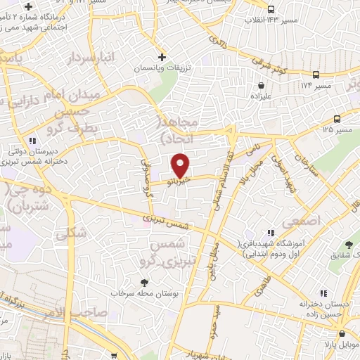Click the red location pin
[x=181, y=165]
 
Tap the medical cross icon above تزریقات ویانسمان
[x=162, y=57]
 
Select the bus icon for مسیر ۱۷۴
[x=316, y=75]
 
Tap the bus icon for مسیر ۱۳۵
[x=337, y=119]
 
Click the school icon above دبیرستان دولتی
[x=33, y=140]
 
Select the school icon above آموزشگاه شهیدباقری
[x=269, y=232]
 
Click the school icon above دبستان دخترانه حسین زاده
[x=323, y=292]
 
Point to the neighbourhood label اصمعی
[x=301, y=221]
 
